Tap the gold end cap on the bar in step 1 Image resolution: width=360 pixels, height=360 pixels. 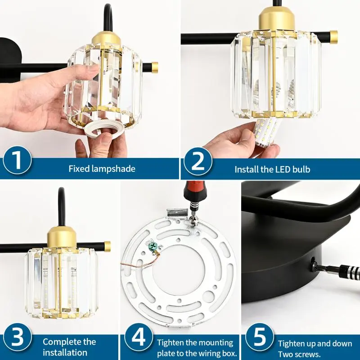click(x=154, y=67)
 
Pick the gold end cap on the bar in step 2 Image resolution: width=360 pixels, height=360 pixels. click(x=333, y=37)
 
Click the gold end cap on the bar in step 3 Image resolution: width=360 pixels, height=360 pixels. click(x=107, y=246)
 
